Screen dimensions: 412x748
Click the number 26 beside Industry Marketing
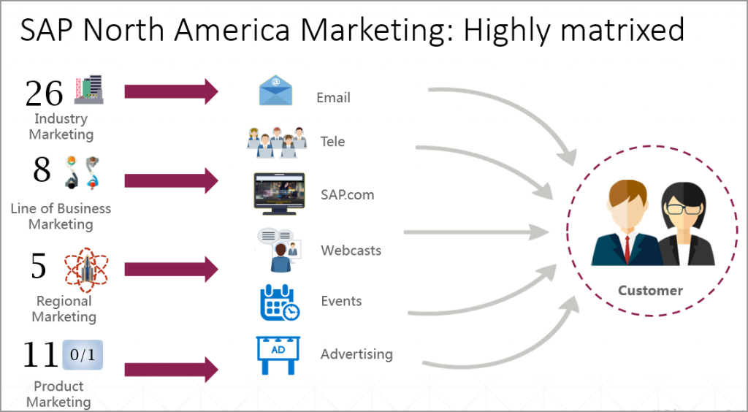coord(44,93)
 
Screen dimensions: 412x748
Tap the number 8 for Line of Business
coord(42,169)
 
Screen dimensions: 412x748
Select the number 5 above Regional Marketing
coord(38,267)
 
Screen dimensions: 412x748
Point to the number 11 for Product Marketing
coord(39,355)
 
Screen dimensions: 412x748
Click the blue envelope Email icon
coord(275,91)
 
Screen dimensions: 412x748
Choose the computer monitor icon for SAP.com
coord(279,193)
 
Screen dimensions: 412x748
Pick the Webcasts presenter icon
coord(278,249)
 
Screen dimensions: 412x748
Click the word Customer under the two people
coord(650,290)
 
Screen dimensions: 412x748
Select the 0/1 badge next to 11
coord(83,355)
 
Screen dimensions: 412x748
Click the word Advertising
coord(356,354)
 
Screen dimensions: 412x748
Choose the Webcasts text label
coord(351,251)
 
